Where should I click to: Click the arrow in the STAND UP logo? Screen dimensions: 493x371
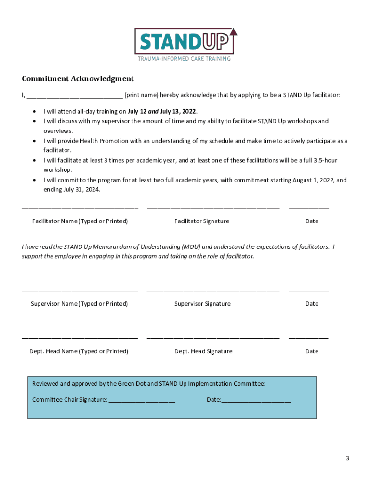point(234,33)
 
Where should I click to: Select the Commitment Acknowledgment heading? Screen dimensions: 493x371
point(78,78)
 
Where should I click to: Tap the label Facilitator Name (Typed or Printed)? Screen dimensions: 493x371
point(80,221)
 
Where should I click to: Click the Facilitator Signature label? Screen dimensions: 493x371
point(202,221)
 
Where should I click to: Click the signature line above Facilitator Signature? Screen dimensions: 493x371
point(213,208)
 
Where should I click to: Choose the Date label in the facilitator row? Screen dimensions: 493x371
point(312,221)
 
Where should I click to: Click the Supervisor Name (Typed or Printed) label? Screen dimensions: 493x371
point(79,304)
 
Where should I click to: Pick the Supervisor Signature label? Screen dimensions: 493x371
point(202,304)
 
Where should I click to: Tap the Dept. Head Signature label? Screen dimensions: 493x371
point(203,351)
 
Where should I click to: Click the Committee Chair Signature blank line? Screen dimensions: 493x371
point(142,401)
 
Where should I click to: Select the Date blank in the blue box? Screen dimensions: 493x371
point(256,401)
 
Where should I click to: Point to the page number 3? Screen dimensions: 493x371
point(347,458)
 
